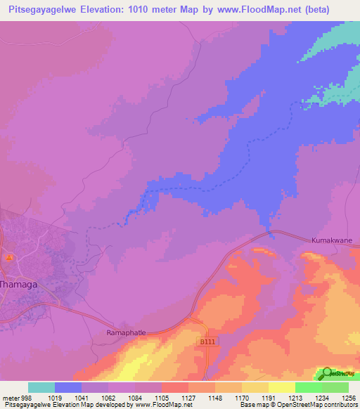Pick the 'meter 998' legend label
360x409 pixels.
coord(15,396)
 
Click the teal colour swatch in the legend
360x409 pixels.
coord(41,387)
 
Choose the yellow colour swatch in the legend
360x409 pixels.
coord(281,387)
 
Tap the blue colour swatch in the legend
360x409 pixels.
coord(68,387)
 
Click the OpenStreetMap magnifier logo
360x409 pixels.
coord(326,373)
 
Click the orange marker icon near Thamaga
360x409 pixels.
coord(9,258)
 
